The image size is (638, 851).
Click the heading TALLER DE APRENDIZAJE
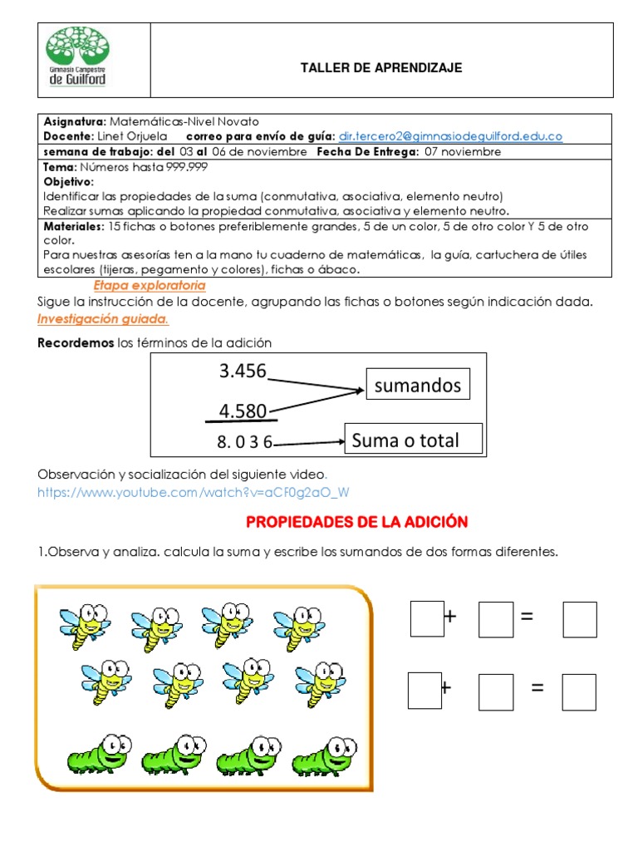(381, 68)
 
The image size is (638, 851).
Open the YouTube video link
(194, 492)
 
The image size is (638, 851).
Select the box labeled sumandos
(418, 385)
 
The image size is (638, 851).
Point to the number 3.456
(243, 371)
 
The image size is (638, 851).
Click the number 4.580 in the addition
(243, 411)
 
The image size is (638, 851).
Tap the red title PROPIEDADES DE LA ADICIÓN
(357, 522)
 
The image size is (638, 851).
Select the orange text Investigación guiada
(103, 319)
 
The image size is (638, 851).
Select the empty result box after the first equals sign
(580, 618)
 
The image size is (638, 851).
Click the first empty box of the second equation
(425, 691)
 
